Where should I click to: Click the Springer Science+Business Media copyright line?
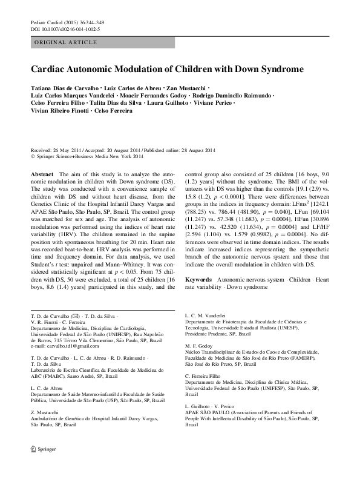point(87,156)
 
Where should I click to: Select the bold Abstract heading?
point(41,174)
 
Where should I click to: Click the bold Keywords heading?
point(198,280)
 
